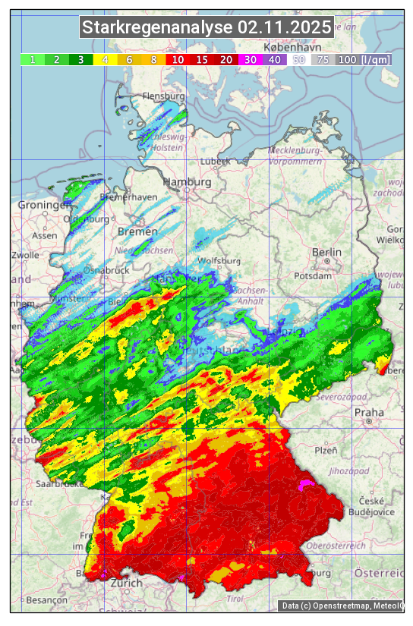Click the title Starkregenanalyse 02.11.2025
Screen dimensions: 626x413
coord(206,28)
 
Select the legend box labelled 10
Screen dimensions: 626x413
coord(178,59)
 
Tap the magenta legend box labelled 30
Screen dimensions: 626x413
coord(251,59)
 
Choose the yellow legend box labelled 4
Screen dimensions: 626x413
coord(105,59)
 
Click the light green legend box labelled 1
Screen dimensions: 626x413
coord(33,59)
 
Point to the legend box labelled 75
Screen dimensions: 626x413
coord(323,59)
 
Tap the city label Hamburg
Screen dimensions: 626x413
coord(188,183)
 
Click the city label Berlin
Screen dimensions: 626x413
coord(327,252)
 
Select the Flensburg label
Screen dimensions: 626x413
coord(164,97)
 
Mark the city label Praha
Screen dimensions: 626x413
coord(369,413)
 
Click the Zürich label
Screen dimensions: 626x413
coord(126,583)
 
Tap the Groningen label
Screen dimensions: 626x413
coord(44,206)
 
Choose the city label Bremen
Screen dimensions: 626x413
coord(137,231)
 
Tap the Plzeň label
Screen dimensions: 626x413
coord(326,450)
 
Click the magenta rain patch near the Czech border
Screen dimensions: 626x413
coord(305,484)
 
